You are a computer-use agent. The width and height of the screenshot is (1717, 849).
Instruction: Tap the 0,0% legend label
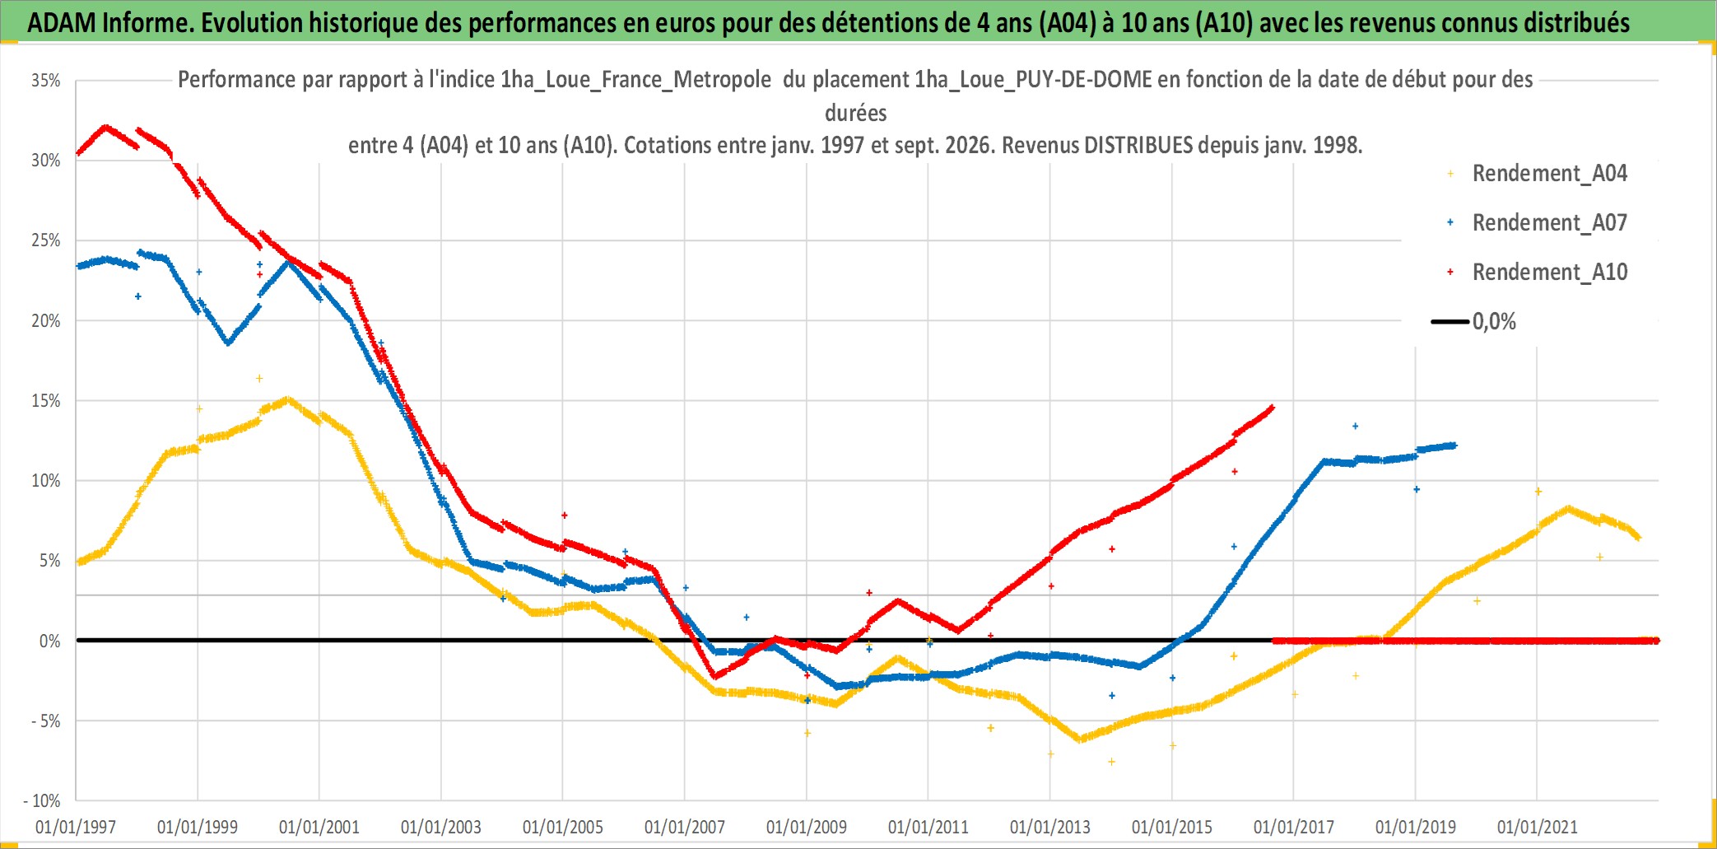tap(1494, 321)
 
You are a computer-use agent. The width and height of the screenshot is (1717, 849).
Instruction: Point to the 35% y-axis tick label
tap(46, 81)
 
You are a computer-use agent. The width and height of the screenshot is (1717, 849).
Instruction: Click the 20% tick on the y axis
tap(46, 321)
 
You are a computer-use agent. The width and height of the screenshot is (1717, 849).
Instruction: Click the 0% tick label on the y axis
tap(50, 641)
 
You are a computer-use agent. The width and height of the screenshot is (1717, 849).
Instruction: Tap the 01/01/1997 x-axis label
tap(76, 827)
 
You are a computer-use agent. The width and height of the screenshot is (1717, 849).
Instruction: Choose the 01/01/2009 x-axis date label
tap(807, 827)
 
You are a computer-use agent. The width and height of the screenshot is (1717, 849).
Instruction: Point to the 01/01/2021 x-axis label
tap(1538, 827)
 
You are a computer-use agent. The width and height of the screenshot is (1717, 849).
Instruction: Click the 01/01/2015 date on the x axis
tap(1172, 827)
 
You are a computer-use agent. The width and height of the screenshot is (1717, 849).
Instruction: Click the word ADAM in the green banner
tap(62, 23)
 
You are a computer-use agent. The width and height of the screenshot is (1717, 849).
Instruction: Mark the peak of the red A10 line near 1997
tap(105, 127)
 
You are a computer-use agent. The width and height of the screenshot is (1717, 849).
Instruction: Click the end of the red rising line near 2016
tap(1273, 407)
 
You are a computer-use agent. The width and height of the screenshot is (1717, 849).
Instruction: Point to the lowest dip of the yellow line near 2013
tap(1080, 739)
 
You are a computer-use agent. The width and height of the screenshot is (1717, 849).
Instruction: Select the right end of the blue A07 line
tap(1454, 445)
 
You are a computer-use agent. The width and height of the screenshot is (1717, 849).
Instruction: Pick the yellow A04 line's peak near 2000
tap(286, 400)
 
